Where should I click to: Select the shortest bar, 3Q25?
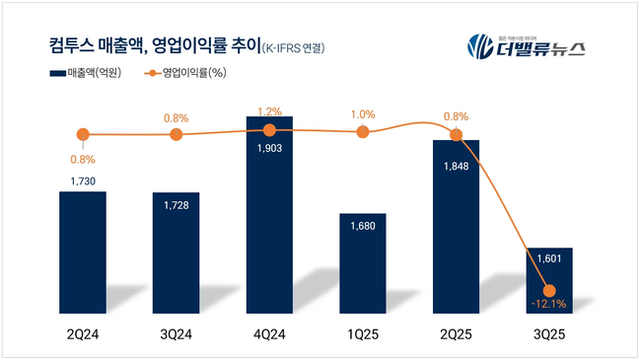click(549, 281)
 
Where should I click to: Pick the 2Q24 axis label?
click(83, 337)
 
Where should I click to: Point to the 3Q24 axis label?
click(176, 337)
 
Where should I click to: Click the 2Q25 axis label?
click(456, 337)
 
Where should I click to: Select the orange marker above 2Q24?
click(83, 134)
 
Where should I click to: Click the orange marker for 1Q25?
click(363, 131)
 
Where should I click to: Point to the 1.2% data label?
click(269, 112)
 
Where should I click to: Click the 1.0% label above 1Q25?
click(363, 114)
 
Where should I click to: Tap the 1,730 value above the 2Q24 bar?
click(83, 180)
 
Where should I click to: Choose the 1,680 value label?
click(362, 226)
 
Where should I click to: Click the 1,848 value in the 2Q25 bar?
click(456, 165)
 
